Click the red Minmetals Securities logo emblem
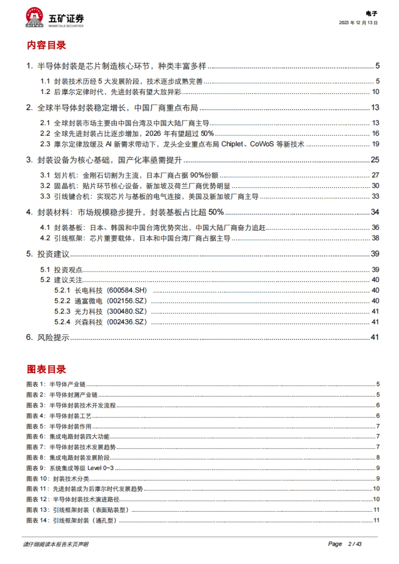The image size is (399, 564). point(35,17)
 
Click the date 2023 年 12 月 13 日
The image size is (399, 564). point(358,23)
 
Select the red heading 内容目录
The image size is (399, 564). point(47,45)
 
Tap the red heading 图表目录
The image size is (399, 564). point(47,369)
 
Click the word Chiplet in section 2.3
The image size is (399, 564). point(232,144)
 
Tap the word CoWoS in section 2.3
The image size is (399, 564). point(262,144)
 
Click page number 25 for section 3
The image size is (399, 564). point(375,160)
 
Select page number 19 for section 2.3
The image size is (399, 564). point(375,144)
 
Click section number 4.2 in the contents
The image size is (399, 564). point(45,238)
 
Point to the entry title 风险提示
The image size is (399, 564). point(53,337)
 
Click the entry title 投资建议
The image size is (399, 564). point(53,254)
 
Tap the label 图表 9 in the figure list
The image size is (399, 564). point(35,468)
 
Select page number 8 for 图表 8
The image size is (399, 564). point(378,457)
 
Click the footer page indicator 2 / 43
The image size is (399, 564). point(354,544)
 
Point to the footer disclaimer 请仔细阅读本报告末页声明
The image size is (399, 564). point(56,544)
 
